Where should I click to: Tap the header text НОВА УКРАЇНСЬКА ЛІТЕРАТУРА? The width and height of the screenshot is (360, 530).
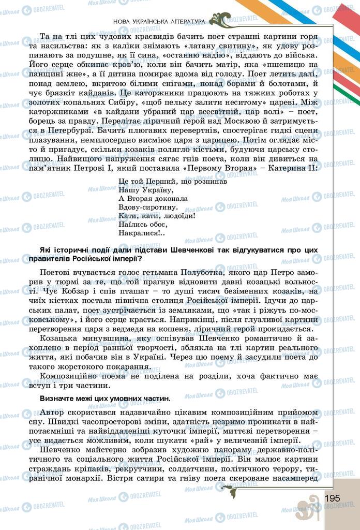click(x=158, y=21)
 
